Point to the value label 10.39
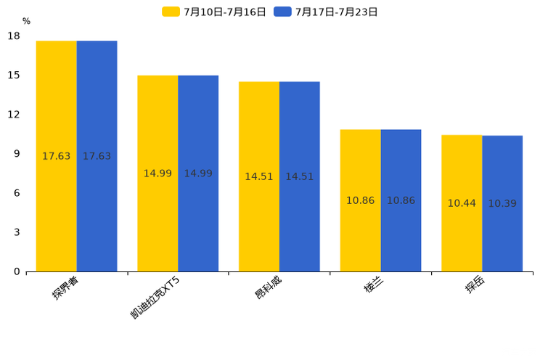pos(502,204)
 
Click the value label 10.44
pos(462,203)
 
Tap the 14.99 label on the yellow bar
pos(157,173)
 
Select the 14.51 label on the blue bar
pos(299,176)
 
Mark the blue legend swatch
pos(282,12)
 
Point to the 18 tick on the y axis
pos(14,36)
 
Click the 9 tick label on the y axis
pos(17,154)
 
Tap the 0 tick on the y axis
pos(17,271)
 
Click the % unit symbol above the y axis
pos(26,22)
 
